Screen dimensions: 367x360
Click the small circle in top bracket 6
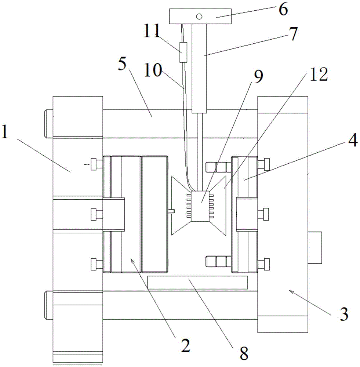(x=199, y=16)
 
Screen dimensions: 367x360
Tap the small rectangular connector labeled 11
(x=183, y=52)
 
